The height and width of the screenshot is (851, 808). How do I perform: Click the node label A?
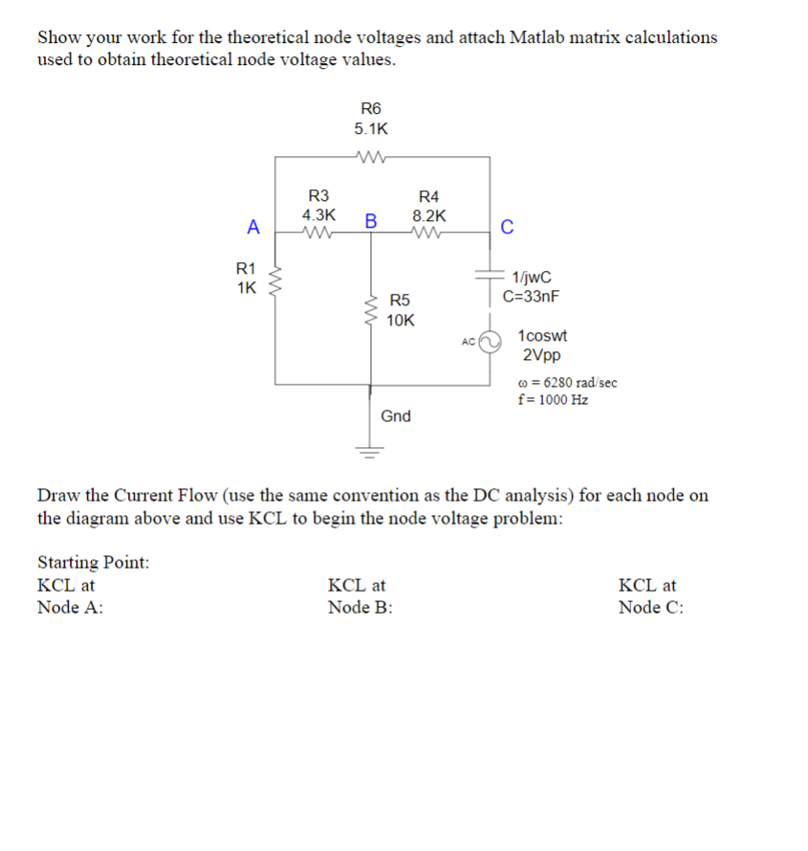253,227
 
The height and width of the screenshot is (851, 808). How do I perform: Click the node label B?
371,221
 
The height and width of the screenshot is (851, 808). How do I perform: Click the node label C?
507,227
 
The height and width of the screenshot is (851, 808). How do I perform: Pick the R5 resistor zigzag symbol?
372,310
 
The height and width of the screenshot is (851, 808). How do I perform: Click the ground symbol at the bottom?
371,449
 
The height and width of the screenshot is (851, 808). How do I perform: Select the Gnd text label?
396,416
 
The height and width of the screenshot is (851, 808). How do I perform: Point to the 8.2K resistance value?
428,216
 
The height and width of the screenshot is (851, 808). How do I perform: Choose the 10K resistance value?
401,321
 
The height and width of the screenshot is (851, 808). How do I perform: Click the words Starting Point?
93,562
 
